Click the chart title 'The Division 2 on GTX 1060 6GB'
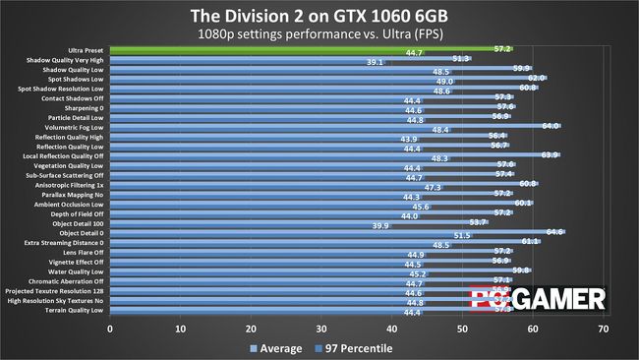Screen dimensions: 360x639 tap(319, 14)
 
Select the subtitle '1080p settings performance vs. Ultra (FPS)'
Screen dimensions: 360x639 tap(319, 31)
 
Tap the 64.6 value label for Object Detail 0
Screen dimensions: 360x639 tap(554, 232)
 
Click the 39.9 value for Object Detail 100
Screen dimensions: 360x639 tap(380, 225)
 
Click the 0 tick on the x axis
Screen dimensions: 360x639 tap(110, 329)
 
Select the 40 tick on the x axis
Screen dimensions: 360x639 tap(392, 329)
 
